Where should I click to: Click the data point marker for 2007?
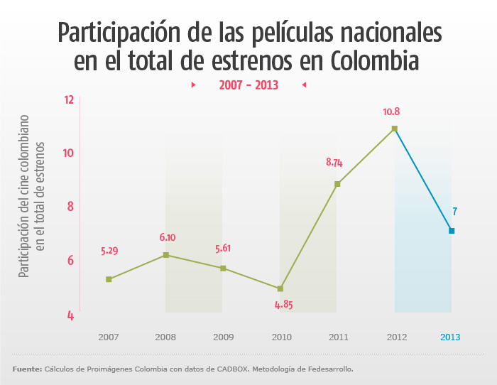coord(109,279)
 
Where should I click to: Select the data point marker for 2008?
coord(165,254)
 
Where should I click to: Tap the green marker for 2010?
coord(280,288)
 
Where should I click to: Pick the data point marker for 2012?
coord(395,129)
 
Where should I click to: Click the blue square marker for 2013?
coord(452,231)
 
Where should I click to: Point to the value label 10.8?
coord(391,112)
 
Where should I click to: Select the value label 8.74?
coord(334,162)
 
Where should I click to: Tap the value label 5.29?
coord(110,251)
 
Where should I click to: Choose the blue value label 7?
coord(454,211)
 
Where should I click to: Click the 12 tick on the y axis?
coord(69,99)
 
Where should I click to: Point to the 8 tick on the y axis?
coord(70,207)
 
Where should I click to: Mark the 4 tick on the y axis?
coord(70,315)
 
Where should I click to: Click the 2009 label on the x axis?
coord(223,337)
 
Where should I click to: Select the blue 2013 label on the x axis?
coord(450,337)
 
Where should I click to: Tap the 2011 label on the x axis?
coord(338,337)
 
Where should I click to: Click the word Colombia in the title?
coord(376,61)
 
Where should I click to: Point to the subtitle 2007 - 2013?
coord(248,85)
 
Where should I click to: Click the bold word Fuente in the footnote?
coord(27,369)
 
